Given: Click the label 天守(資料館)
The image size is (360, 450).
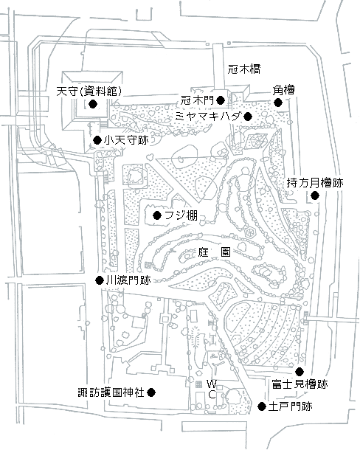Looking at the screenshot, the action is [x=89, y=91].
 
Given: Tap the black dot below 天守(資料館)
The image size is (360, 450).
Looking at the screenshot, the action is [x=93, y=103].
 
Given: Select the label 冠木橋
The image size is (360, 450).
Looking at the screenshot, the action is [x=244, y=69].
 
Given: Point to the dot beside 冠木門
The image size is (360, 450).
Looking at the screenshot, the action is [x=221, y=100].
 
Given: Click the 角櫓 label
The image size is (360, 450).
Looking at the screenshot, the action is [x=283, y=90].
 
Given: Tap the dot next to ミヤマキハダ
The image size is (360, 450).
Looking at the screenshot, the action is [x=248, y=117].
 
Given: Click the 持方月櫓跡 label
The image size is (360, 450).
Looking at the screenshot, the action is [x=315, y=183].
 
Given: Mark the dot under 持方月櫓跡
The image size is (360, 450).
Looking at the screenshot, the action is [x=315, y=195].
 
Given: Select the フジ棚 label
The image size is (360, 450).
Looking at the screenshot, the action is [x=181, y=215].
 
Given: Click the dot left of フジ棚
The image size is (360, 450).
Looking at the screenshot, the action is [x=157, y=215].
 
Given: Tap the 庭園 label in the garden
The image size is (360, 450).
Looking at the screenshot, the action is [x=214, y=252].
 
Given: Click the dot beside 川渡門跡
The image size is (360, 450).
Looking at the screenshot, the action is [x=100, y=280].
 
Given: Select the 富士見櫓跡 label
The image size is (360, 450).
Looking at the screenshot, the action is [x=300, y=384].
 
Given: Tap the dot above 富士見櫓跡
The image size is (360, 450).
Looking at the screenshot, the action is [x=300, y=372].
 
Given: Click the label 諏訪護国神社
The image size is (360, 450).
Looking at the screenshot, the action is [x=111, y=392].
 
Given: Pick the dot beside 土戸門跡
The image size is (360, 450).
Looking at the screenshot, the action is [x=262, y=406].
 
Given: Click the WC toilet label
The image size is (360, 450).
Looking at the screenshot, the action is [x=212, y=390].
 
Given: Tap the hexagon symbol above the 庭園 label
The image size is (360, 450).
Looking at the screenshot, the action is [x=250, y=232].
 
